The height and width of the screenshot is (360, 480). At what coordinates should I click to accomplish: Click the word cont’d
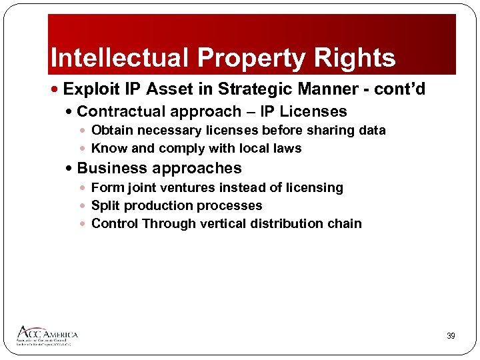pyautogui.click(x=407, y=89)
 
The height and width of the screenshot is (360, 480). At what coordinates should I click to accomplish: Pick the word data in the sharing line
pyautogui.click(x=371, y=130)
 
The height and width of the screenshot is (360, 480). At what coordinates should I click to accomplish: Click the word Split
pyautogui.click(x=104, y=205)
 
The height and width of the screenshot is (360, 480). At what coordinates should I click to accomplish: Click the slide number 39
pyautogui.click(x=451, y=336)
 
